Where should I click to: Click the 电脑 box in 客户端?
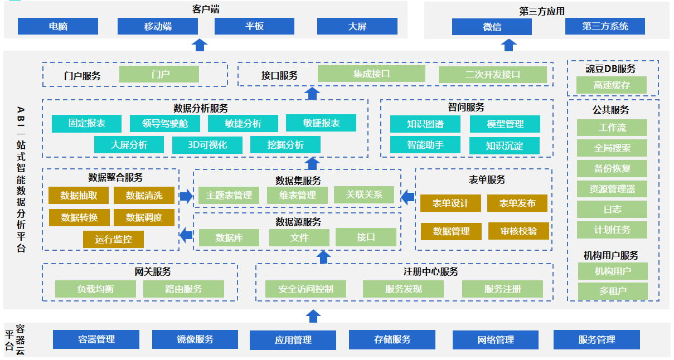[58, 26]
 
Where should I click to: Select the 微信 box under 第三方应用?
[492, 27]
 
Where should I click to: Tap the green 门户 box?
[159, 74]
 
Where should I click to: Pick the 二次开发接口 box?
[492, 75]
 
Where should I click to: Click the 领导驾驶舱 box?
[164, 124]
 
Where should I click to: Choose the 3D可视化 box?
[207, 145]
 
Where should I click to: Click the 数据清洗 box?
[144, 196]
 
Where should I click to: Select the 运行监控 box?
[113, 240]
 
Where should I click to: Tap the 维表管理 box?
[298, 195]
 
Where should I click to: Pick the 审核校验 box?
[518, 231]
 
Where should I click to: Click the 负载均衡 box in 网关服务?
[95, 289]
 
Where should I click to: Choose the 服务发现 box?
[403, 289]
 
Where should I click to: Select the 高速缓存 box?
[612, 85]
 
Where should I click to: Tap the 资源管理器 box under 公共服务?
[612, 189]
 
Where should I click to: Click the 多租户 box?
[613, 291]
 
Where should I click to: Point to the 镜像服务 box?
[195, 339]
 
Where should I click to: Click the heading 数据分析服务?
[201, 109]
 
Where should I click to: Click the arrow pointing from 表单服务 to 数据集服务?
[408, 196]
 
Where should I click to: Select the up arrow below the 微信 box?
[508, 45]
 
